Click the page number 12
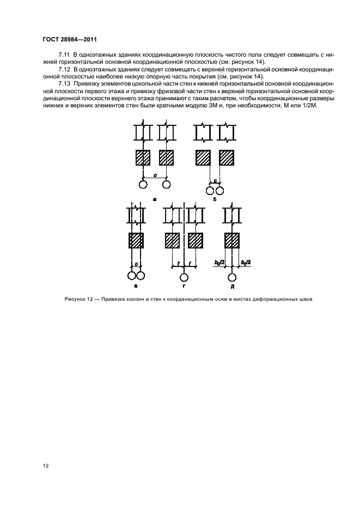(x=46, y=465)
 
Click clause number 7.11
(x=65, y=55)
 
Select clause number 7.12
(x=65, y=70)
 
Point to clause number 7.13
(x=65, y=86)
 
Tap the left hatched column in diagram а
(x=143, y=157)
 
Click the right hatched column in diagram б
(x=227, y=157)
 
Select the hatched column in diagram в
(x=136, y=240)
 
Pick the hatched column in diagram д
(x=233, y=240)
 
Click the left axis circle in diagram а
(x=143, y=185)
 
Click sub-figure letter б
(x=215, y=200)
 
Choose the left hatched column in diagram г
(x=173, y=240)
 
